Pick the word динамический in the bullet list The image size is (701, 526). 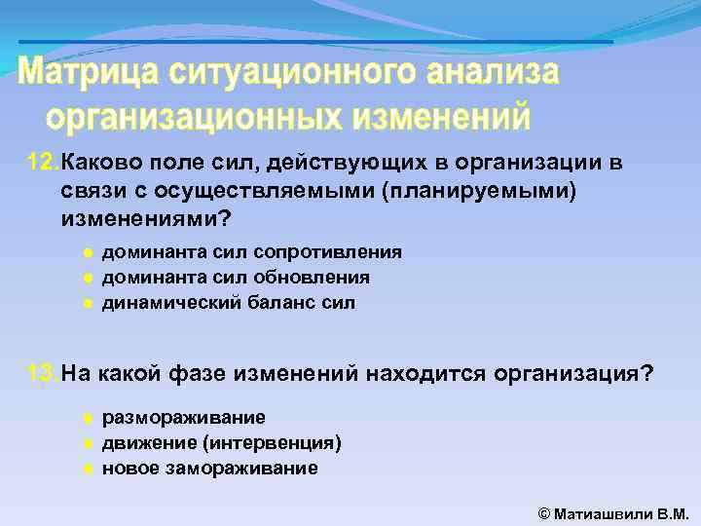coord(161,303)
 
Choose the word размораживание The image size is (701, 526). coord(183,418)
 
